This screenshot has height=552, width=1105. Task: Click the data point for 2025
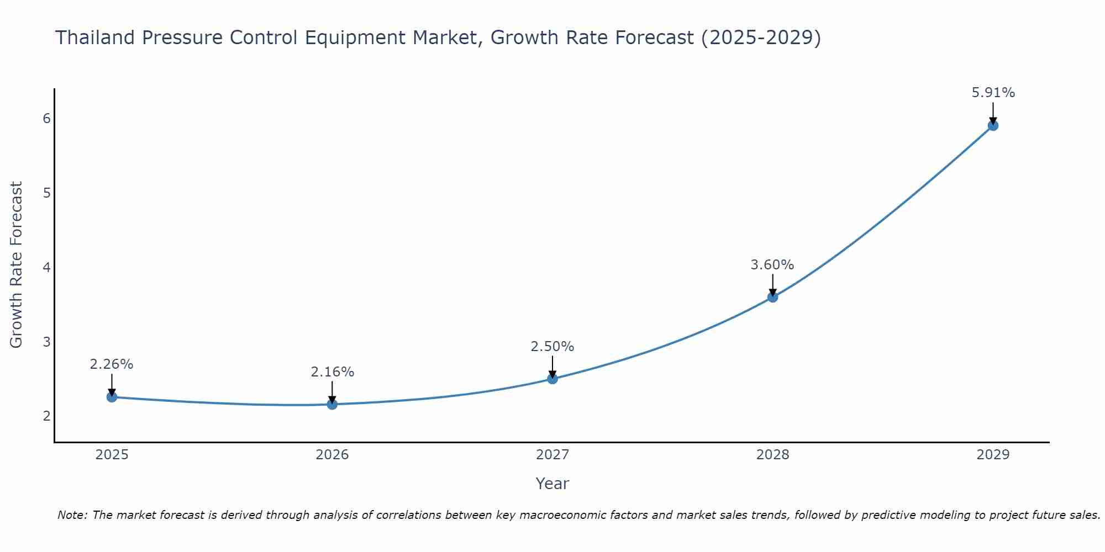coord(112,397)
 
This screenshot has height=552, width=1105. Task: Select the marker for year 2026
coord(332,404)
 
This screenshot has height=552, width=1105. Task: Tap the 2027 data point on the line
coord(552,379)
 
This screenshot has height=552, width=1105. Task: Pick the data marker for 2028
coord(772,297)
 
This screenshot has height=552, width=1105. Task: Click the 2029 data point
coord(993,125)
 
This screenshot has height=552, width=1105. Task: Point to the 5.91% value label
coord(993,93)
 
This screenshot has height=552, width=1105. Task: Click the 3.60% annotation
coord(772,265)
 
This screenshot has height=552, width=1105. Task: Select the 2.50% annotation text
coord(552,347)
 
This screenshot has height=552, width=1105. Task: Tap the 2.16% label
coord(332,372)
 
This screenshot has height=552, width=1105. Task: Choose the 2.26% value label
coord(112,364)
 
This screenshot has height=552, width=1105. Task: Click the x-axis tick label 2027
coord(552,455)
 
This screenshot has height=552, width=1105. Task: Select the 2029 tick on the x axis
coord(993,455)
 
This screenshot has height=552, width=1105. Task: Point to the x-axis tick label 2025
coord(112,455)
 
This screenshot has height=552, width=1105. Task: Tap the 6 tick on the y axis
coord(46,118)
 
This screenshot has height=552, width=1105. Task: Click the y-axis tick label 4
coord(46,267)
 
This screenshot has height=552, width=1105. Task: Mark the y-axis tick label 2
coord(46,416)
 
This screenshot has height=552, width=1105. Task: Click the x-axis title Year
coord(552,484)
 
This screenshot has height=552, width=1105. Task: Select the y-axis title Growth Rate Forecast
coord(17,265)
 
